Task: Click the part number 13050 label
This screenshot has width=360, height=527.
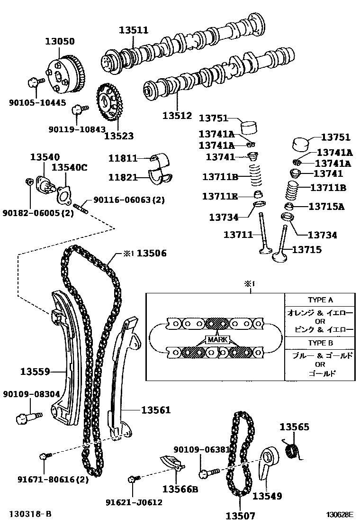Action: pos(60,41)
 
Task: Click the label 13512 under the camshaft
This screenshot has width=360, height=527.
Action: pos(177,115)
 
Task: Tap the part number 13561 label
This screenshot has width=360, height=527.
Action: pos(155,410)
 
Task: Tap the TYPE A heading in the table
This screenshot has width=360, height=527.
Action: pos(320,300)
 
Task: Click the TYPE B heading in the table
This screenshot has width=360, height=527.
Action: pos(320,343)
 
